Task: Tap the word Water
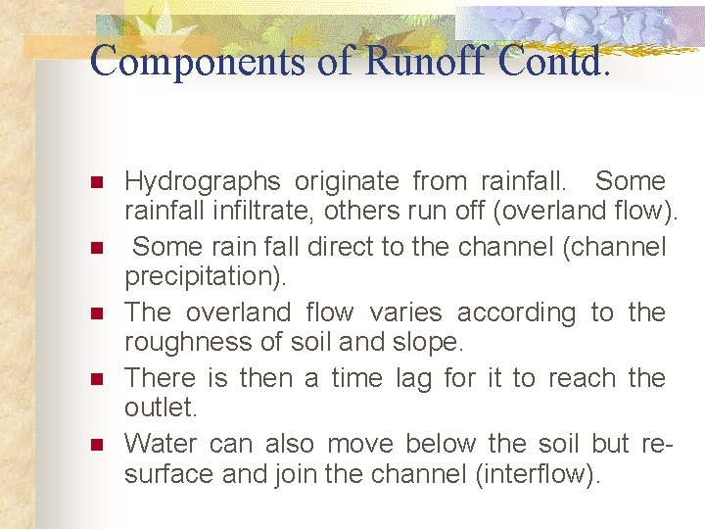pyautogui.click(x=162, y=443)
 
